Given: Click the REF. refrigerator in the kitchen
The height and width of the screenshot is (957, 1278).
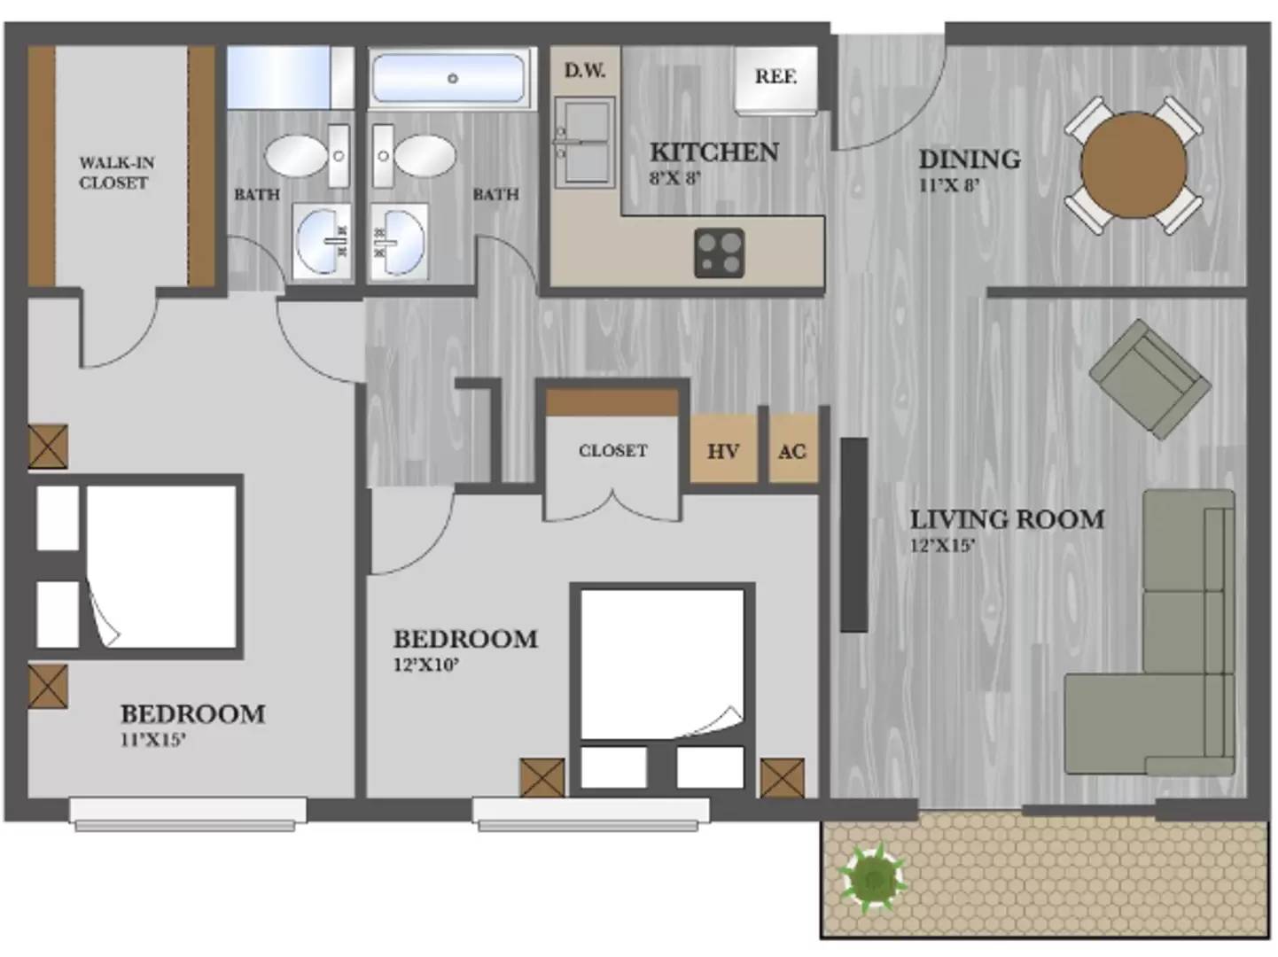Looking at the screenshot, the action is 775,80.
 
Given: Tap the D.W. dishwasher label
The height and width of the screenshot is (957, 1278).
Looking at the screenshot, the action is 585,70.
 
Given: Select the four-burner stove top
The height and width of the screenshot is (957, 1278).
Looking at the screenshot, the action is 720,252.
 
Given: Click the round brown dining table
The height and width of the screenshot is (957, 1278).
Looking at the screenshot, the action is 1134,166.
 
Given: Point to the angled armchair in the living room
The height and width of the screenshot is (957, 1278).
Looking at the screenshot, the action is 1149,379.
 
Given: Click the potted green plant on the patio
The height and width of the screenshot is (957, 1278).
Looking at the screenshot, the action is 871,878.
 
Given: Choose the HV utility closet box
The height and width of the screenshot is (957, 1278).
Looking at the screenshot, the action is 724,448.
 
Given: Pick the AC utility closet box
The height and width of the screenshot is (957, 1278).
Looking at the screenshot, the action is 792,448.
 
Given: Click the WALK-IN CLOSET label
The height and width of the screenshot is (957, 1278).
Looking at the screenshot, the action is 116,172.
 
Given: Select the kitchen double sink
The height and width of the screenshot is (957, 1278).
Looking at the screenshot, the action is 585,143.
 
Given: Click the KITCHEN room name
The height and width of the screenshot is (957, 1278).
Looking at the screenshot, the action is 713,152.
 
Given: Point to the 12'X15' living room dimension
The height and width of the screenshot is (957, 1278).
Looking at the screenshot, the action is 943,546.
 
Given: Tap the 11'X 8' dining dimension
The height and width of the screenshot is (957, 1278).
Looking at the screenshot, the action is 949,185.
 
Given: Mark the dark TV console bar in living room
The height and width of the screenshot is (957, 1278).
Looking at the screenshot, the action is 854,535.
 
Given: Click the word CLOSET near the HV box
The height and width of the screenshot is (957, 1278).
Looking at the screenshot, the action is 612,450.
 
